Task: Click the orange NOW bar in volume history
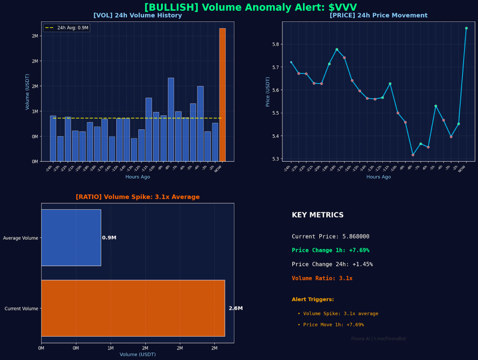point(222,95)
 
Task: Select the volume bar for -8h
point(171,119)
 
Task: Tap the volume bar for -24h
point(53,138)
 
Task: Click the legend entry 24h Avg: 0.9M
point(66,28)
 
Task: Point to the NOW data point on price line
point(466,28)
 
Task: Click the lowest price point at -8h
point(413,155)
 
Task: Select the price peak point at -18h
point(337,49)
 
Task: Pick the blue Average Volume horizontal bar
point(71,238)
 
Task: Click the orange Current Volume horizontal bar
point(133,308)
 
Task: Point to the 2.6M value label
point(236,308)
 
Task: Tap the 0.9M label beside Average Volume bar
point(109,238)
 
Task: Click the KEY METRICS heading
point(317,215)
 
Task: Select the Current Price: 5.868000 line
point(330,236)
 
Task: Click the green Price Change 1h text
point(330,250)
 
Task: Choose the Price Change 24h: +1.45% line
point(332,264)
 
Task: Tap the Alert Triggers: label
point(313,299)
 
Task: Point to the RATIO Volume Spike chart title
point(138,197)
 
